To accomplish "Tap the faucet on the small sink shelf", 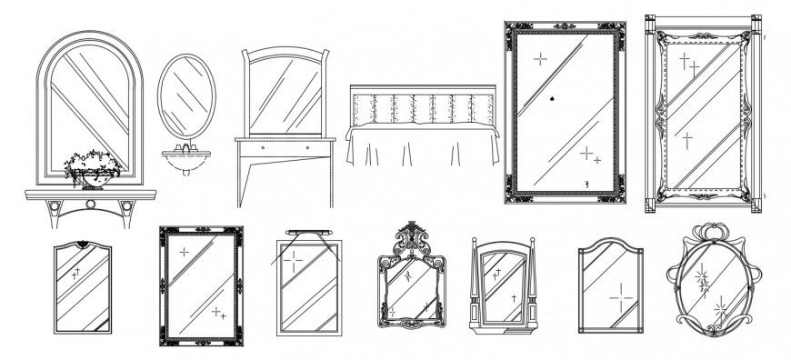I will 188,146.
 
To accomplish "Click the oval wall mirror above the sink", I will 187,93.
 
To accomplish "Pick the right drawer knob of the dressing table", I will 307,146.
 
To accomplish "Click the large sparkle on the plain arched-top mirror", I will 620,296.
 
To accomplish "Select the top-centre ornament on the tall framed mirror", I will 564,23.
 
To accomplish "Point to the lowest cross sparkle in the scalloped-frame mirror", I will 687,139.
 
